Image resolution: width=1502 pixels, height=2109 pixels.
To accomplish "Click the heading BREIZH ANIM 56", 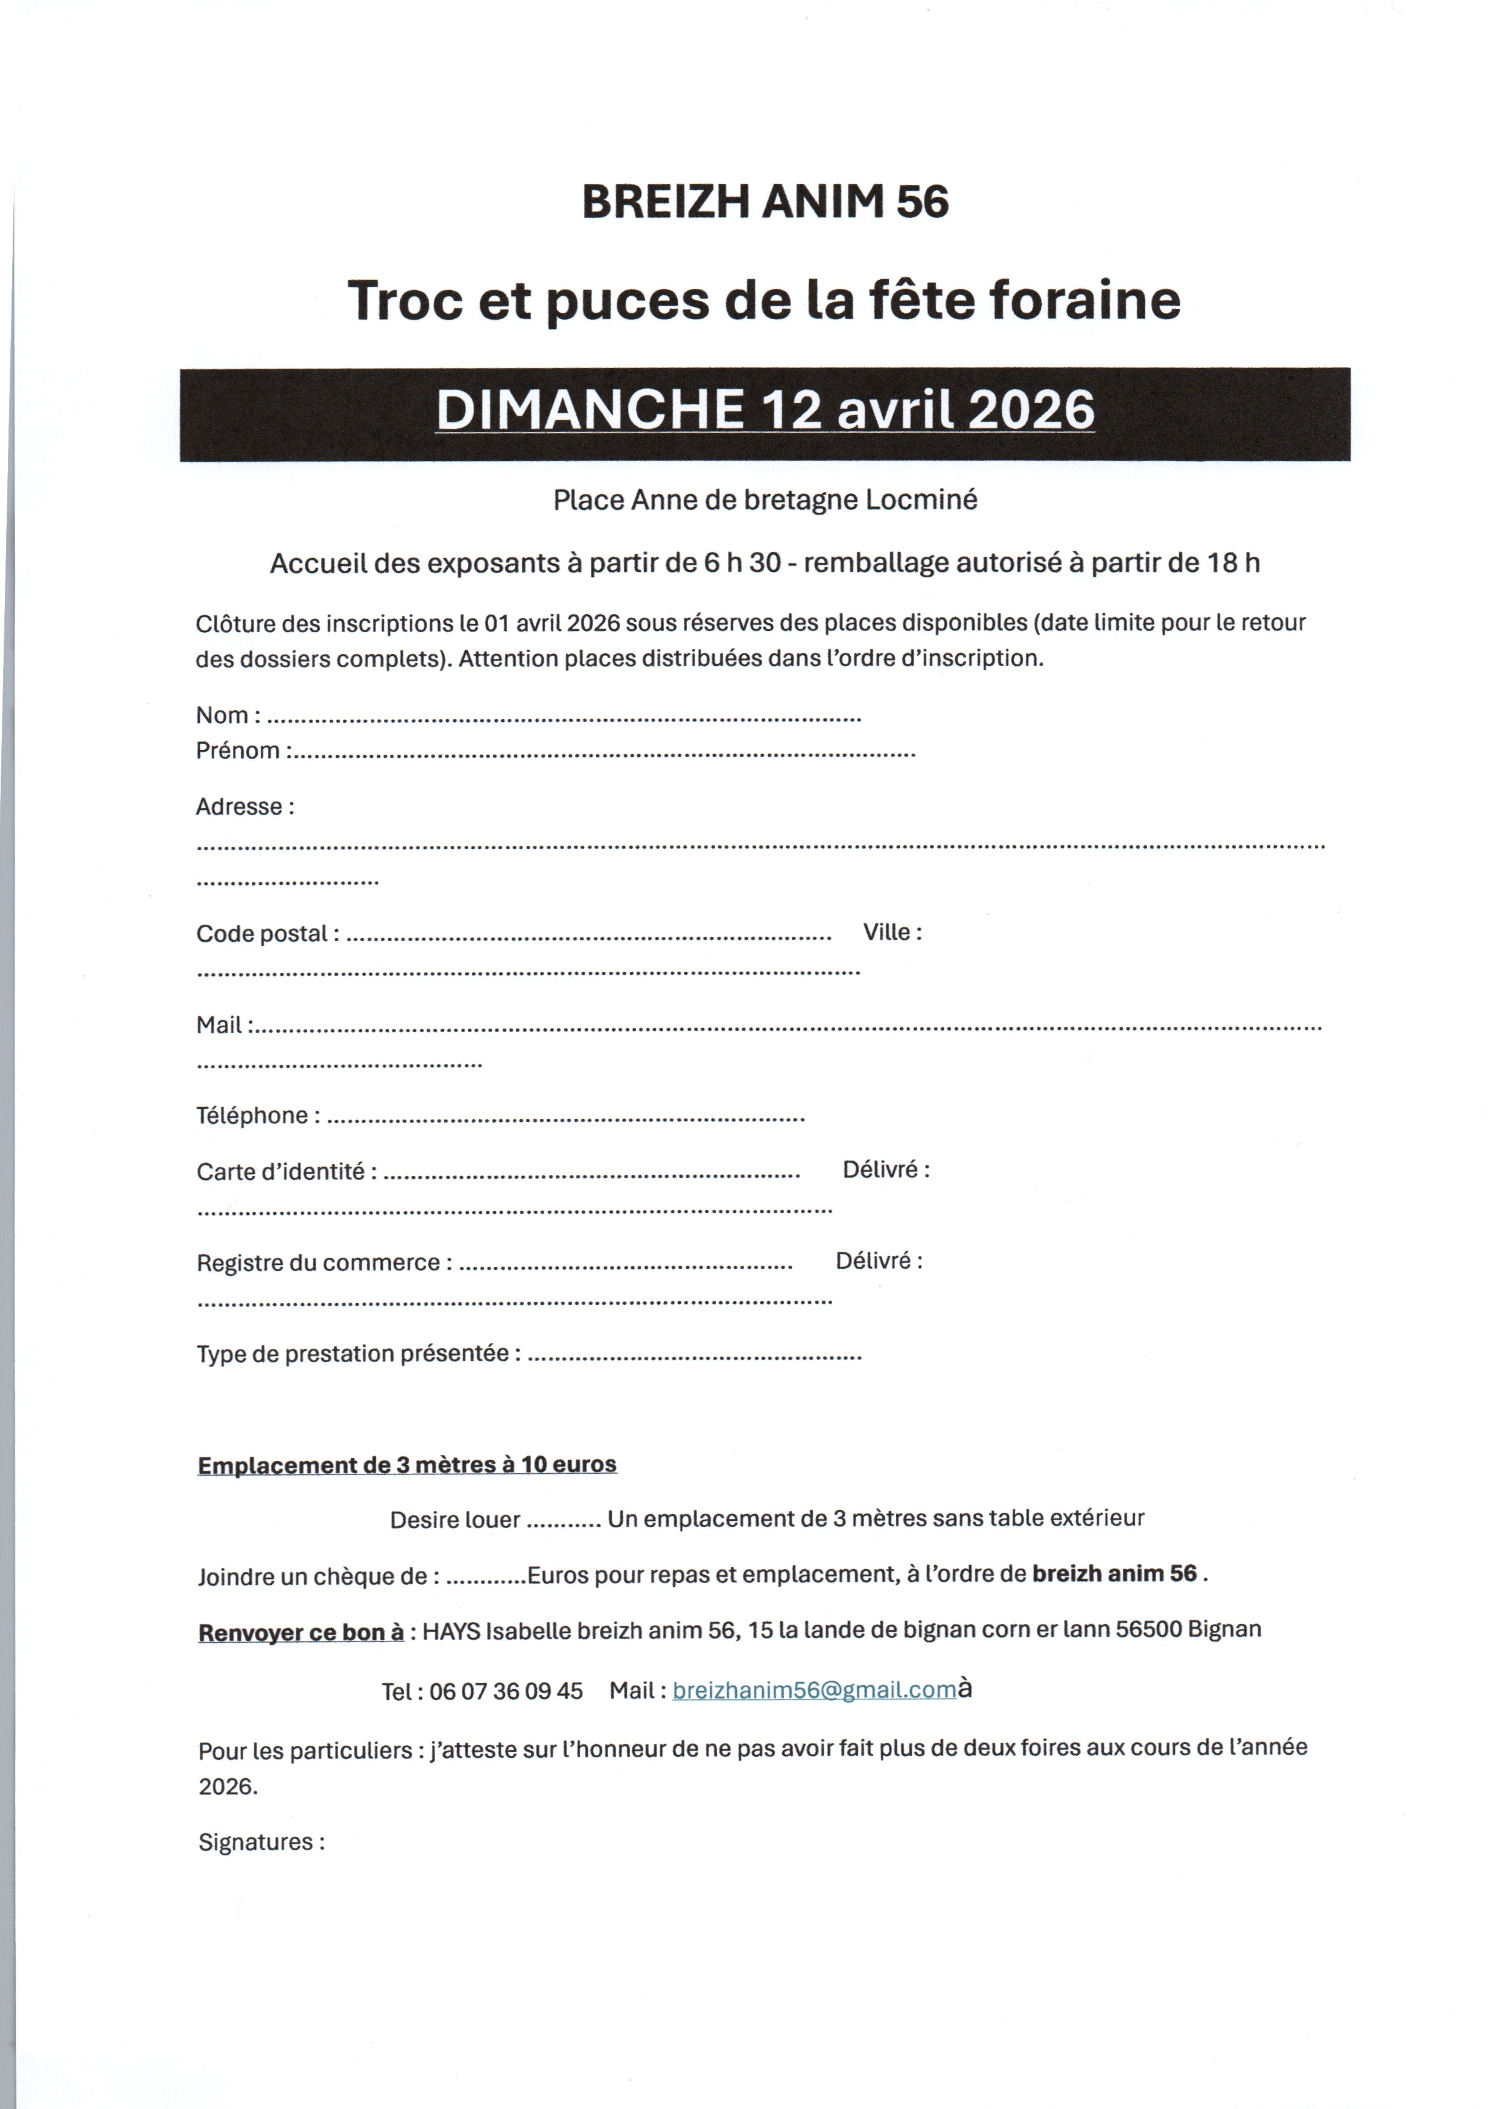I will (x=765, y=201).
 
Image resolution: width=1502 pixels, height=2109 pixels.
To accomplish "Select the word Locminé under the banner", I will (x=921, y=500).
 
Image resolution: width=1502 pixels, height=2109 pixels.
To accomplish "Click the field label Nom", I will (x=222, y=715).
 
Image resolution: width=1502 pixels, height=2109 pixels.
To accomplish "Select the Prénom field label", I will (x=238, y=750).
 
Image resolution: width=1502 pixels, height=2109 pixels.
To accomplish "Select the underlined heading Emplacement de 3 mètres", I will (x=407, y=1465).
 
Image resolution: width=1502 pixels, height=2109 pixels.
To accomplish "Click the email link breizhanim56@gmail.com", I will (x=814, y=1690).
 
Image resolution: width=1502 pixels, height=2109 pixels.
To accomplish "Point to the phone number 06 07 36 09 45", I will (x=506, y=1691).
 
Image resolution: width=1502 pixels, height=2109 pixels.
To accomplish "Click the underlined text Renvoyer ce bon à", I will (x=301, y=1632).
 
